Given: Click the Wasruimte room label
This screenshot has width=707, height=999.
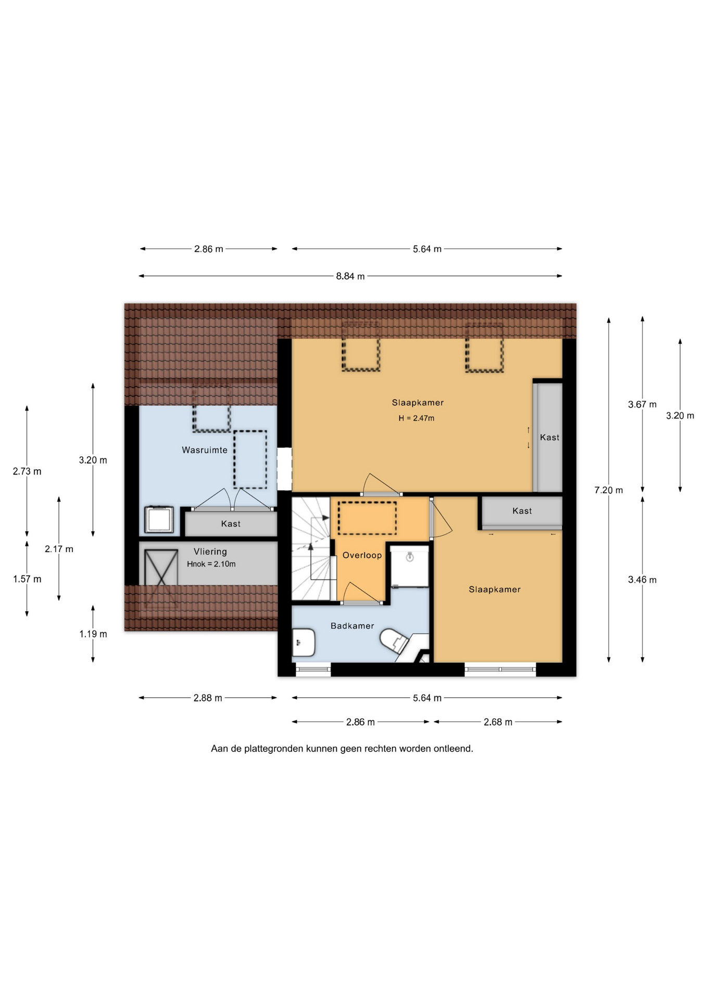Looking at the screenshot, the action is click(205, 450).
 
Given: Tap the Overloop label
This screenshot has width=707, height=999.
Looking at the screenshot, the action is click(362, 555).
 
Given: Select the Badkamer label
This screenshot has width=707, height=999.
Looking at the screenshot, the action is click(352, 626).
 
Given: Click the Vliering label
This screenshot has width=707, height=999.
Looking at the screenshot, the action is click(210, 552).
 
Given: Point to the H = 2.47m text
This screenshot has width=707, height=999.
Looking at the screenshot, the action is click(416, 418).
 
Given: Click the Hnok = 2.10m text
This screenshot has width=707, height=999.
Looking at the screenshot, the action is click(211, 564).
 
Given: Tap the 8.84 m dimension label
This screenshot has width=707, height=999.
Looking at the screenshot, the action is click(350, 276).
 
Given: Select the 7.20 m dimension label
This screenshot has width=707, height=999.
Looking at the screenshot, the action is click(609, 490).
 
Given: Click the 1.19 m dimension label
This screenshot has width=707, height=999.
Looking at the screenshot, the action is click(93, 634).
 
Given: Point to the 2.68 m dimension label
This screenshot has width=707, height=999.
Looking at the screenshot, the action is click(498, 722).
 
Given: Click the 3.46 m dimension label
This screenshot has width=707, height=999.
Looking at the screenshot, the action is click(642, 580).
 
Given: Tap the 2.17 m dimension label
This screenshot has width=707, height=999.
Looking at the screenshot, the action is click(59, 549).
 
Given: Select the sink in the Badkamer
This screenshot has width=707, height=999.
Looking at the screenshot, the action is click(304, 643).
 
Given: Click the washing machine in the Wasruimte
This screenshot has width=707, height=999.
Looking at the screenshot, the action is click(159, 519).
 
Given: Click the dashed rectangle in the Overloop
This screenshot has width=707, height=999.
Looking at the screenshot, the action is click(367, 518).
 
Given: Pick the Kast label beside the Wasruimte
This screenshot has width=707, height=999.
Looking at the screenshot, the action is click(231, 524).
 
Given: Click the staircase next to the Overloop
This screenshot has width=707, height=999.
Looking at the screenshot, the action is click(311, 548).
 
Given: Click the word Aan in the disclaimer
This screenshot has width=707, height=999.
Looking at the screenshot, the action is click(219, 749).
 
